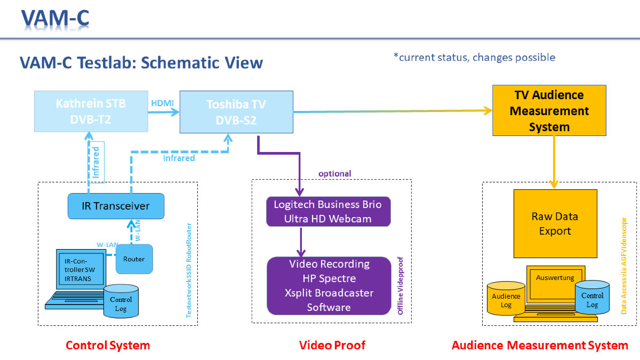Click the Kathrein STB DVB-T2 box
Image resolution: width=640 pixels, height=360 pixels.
tap(91, 111)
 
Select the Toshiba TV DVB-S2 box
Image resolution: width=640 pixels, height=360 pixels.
tap(236, 112)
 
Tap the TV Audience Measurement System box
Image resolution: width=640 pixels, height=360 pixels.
tap(549, 111)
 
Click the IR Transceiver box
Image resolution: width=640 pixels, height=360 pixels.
tap(116, 206)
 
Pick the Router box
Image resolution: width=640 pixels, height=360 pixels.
tap(134, 259)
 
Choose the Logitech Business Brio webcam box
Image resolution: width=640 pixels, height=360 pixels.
tap(328, 211)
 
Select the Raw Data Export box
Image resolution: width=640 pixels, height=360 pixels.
tap(555, 223)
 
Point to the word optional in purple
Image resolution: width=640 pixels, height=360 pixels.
tap(335, 174)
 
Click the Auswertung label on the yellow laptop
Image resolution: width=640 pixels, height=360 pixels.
tap(555, 278)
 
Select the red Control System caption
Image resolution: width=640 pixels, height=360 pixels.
tap(108, 345)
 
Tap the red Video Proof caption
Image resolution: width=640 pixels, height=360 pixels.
tap(332, 345)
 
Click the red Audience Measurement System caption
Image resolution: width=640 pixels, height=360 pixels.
tap(540, 345)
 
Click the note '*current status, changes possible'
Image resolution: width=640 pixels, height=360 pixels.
tap(474, 58)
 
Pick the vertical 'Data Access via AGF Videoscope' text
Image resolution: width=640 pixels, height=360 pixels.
tap(625, 266)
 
